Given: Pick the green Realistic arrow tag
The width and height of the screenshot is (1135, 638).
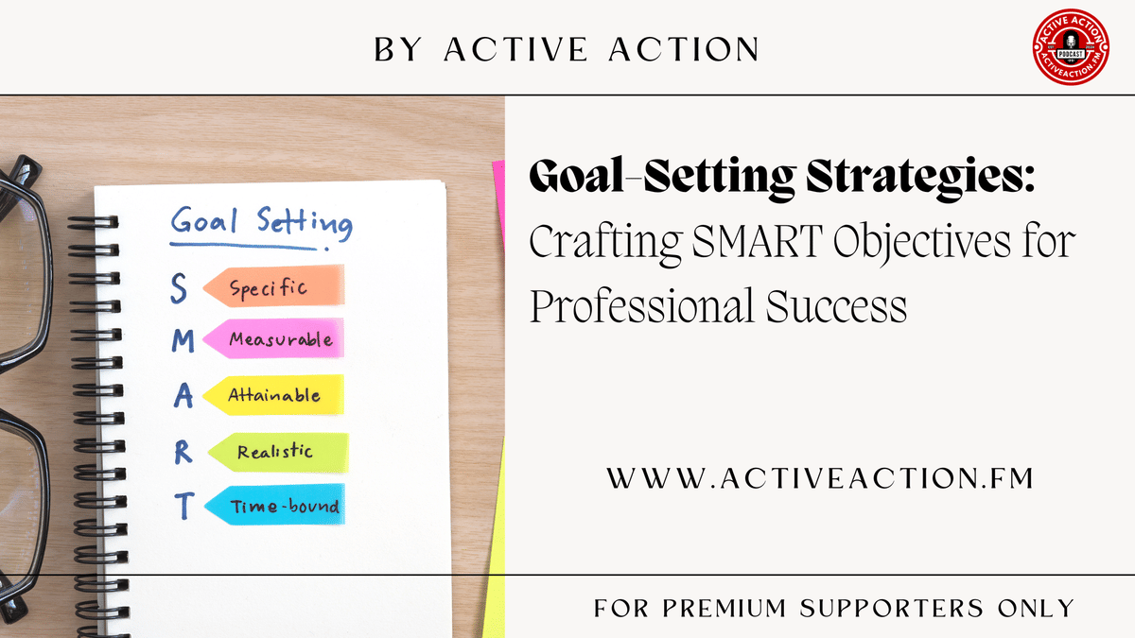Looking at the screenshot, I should (277, 452).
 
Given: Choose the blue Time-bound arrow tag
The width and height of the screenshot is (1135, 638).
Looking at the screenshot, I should (274, 507).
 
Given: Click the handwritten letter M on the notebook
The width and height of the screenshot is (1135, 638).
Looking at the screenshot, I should (182, 341).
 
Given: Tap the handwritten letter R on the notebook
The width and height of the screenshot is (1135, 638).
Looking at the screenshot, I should (183, 453).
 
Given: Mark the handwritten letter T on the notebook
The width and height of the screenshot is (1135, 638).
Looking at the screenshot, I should (184, 508).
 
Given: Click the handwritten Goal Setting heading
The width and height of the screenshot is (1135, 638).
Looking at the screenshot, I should (261, 225).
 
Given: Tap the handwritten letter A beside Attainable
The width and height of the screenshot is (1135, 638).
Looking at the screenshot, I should (183, 396).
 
